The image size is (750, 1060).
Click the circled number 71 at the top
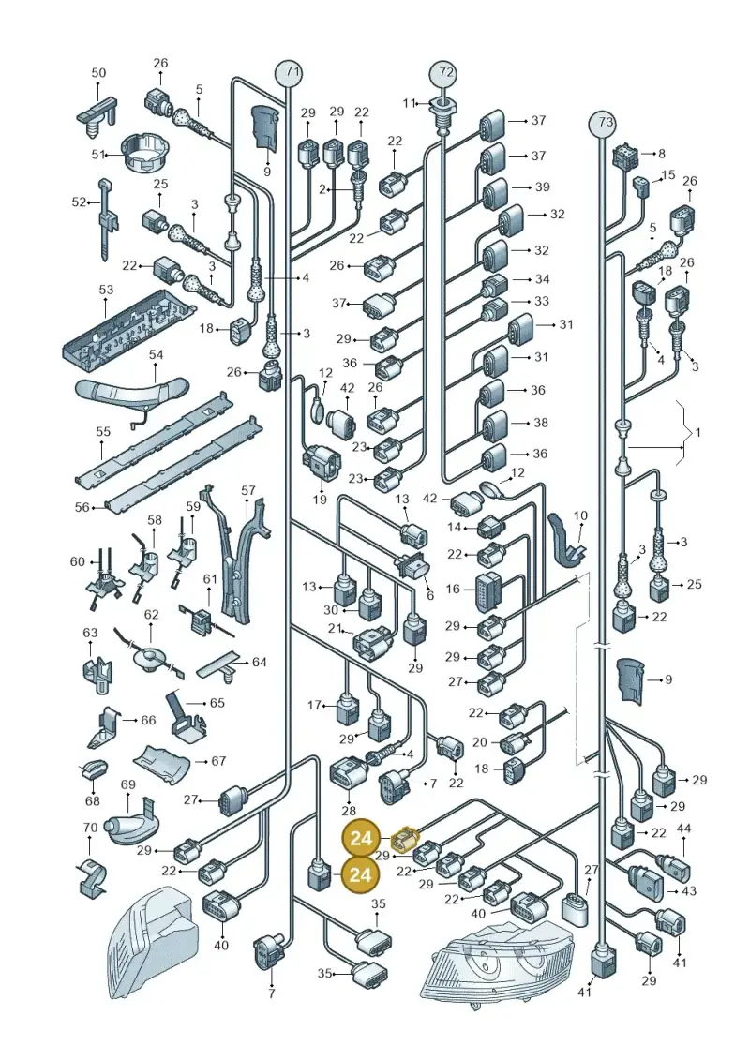289,71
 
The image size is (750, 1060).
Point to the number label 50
98,72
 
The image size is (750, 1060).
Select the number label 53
106,290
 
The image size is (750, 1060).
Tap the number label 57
248,490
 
